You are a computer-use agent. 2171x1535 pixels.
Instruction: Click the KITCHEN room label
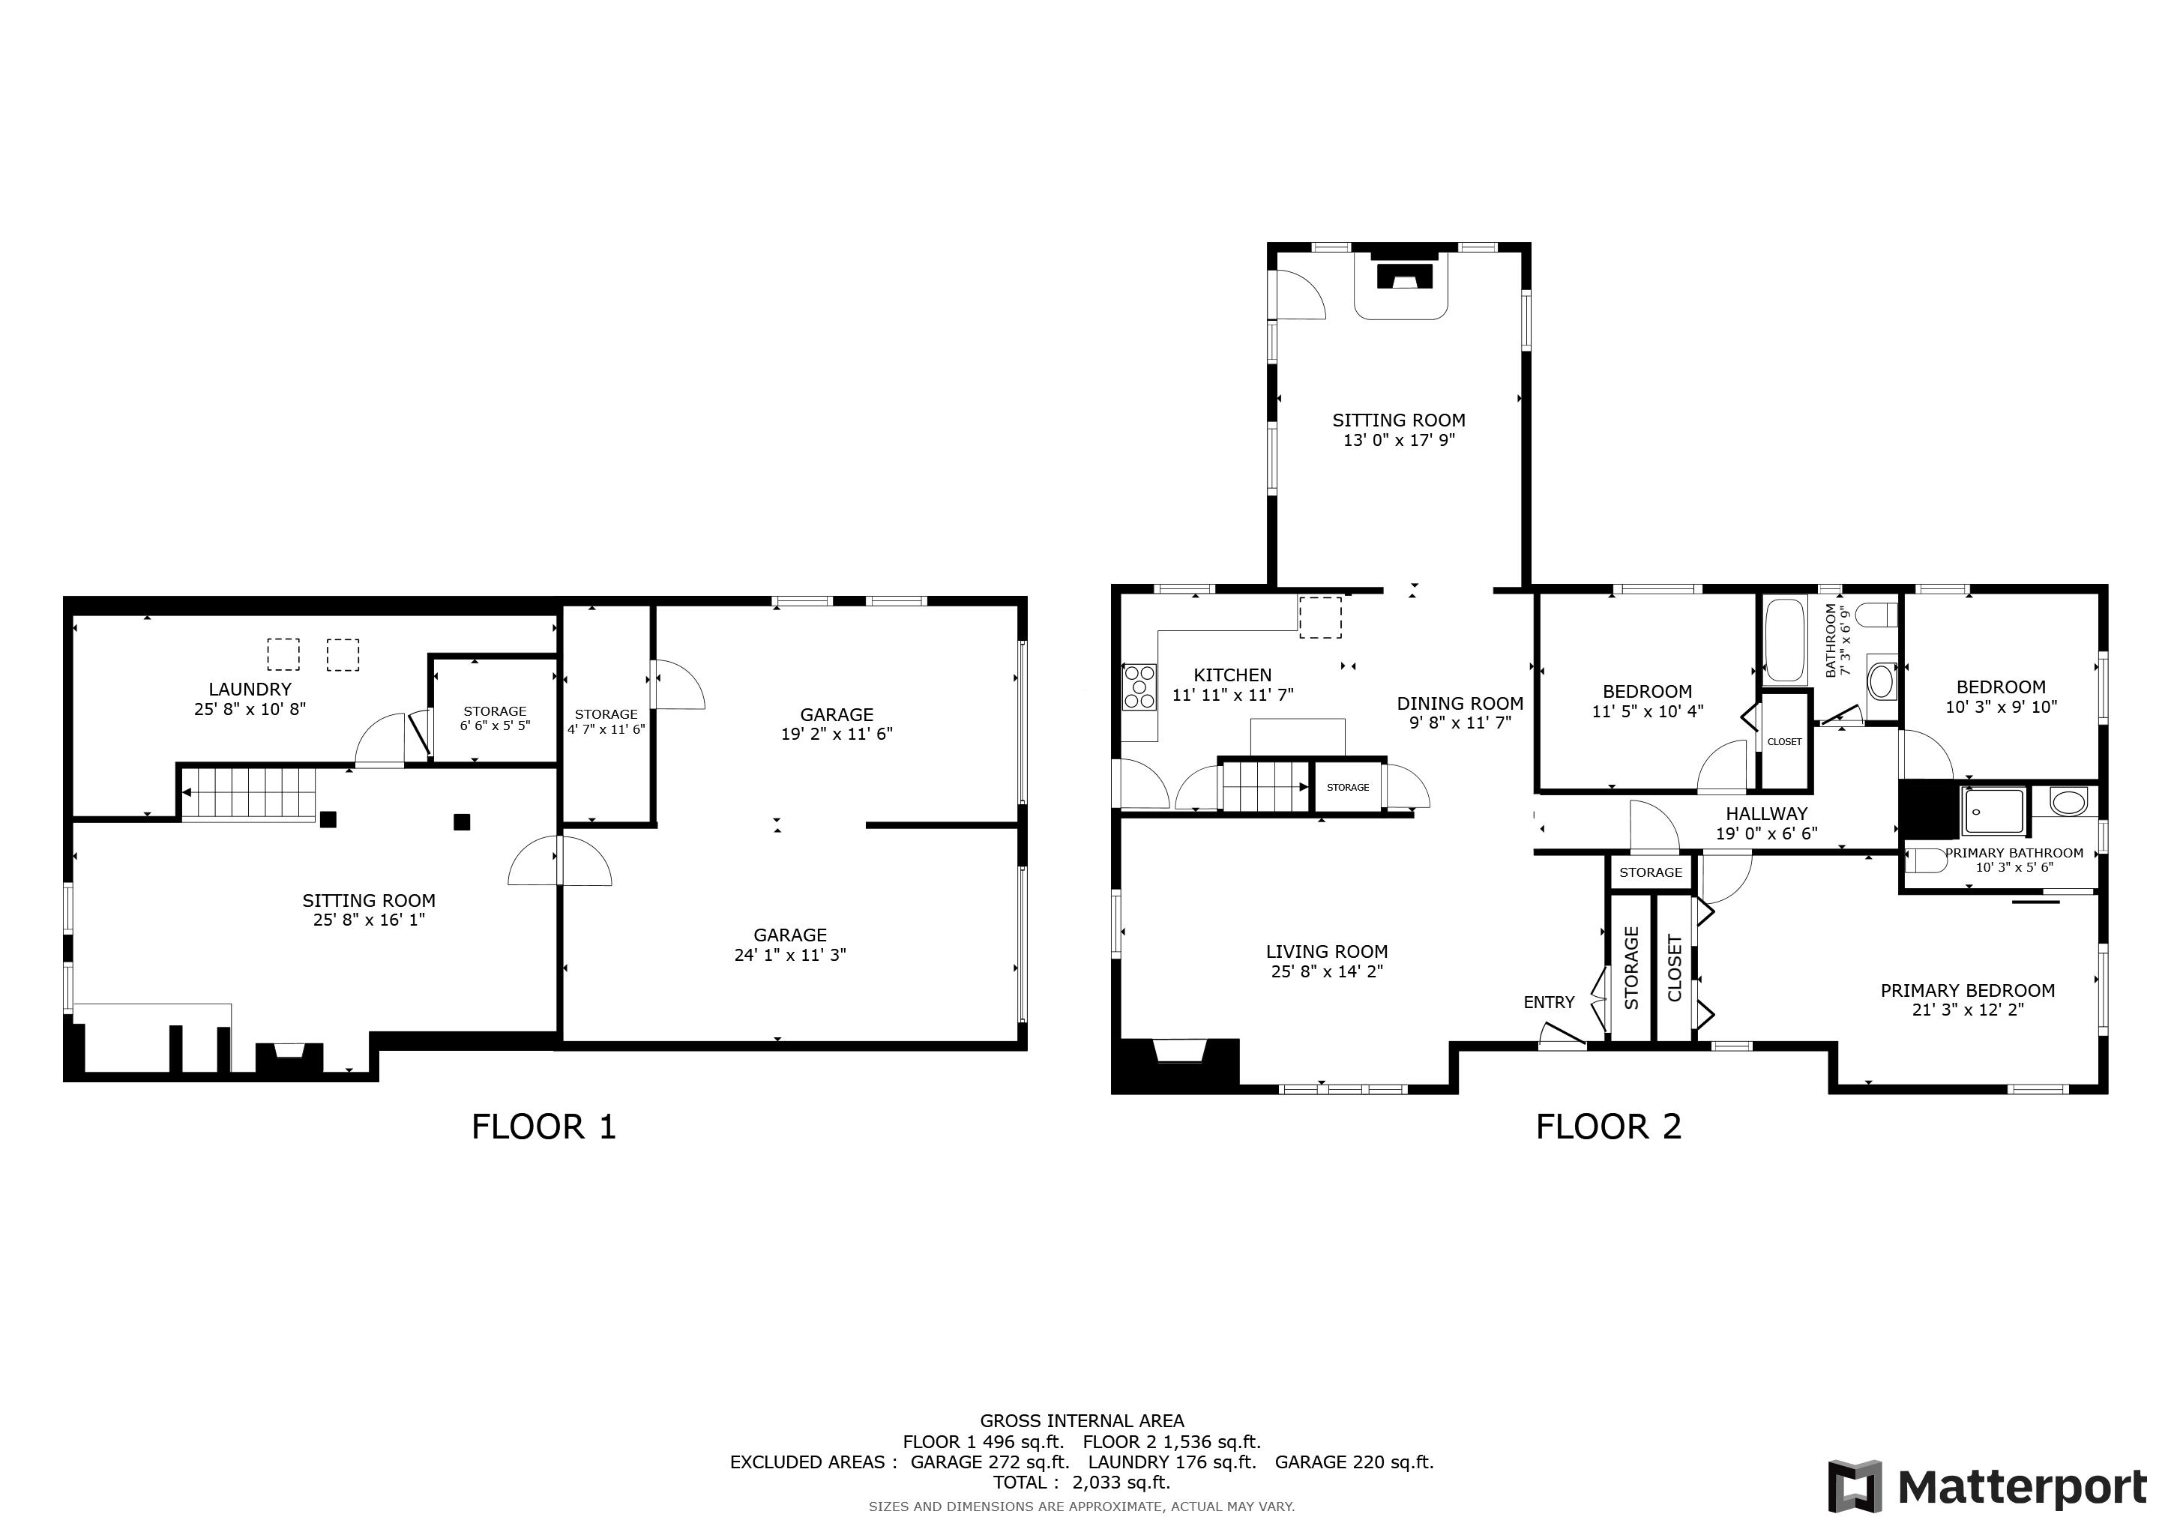click(1232, 675)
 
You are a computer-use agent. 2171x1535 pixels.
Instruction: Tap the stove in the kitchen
click(1139, 687)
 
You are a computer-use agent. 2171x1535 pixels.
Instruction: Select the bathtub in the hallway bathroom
click(1784, 640)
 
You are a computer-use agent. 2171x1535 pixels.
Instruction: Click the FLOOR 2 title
click(1609, 1127)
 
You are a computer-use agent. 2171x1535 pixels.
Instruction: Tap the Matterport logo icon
click(1855, 1487)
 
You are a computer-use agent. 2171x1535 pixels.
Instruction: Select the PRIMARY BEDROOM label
click(1967, 991)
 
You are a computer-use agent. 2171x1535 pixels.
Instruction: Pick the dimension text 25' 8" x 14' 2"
click(1327, 971)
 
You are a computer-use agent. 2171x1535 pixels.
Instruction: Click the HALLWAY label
click(1766, 814)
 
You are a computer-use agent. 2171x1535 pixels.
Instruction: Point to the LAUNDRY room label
click(250, 689)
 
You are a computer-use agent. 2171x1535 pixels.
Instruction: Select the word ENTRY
click(1549, 1002)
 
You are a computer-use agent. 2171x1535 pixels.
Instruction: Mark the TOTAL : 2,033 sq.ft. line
click(1082, 1482)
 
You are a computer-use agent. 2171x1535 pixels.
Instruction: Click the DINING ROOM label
click(1460, 703)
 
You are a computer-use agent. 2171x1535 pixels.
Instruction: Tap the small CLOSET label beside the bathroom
click(1784, 742)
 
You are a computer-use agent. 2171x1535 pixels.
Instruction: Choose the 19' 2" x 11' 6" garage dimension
click(837, 734)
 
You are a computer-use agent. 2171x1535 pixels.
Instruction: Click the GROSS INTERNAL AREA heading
click(1082, 1420)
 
